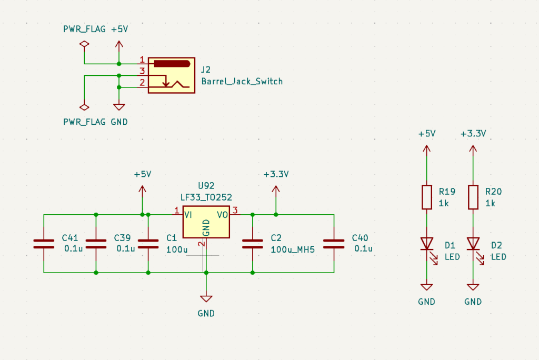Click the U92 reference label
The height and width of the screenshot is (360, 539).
(x=206, y=186)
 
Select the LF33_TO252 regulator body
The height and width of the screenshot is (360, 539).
(x=206, y=222)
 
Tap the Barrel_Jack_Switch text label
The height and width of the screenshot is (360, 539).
(x=242, y=82)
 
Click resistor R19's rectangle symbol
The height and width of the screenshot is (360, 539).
(x=426, y=197)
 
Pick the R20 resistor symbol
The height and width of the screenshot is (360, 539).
(x=473, y=197)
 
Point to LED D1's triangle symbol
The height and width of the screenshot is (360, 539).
(x=427, y=244)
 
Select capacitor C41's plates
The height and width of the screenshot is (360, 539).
(x=44, y=244)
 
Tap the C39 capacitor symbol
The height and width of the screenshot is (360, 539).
(x=96, y=244)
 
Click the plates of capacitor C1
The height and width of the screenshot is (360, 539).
(x=148, y=244)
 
